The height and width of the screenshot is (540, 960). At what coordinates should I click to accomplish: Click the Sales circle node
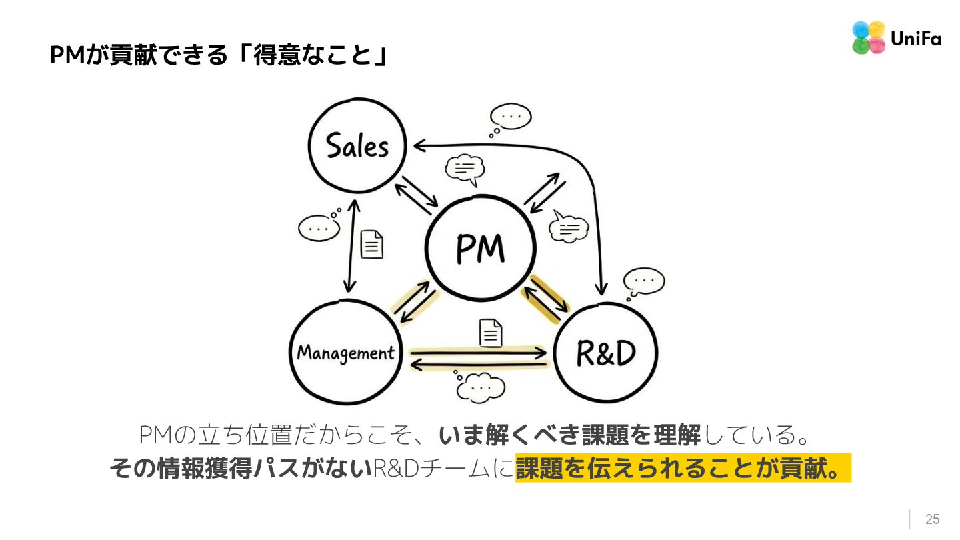click(x=357, y=145)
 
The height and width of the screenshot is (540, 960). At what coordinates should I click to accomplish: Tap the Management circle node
click(x=345, y=352)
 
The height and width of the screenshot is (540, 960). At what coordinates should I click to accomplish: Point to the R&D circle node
click(x=605, y=353)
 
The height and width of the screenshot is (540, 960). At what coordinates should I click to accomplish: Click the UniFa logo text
click(x=915, y=39)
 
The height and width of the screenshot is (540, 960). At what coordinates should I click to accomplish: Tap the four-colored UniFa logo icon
click(x=868, y=38)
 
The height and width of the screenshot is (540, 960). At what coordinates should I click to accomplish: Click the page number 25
click(x=932, y=519)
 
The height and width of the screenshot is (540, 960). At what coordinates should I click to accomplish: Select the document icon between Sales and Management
click(x=372, y=244)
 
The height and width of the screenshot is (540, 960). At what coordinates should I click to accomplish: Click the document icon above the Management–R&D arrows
click(x=491, y=333)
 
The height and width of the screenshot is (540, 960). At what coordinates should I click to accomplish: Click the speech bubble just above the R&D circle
click(x=643, y=282)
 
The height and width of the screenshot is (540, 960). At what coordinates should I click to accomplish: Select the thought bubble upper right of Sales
click(x=510, y=118)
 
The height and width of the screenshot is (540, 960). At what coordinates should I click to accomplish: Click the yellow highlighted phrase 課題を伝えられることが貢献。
click(x=683, y=468)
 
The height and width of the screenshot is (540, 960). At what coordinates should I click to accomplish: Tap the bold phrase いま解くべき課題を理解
click(x=569, y=436)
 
